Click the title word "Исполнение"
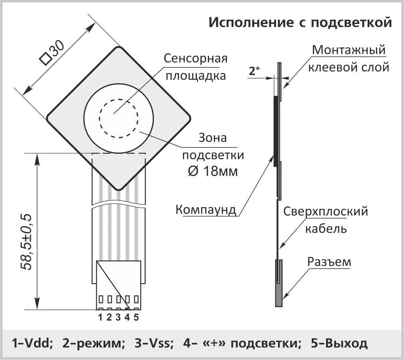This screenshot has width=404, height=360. tap(251, 22)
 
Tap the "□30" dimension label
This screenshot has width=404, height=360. tap(52, 53)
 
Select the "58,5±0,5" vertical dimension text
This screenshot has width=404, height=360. tap(26, 241)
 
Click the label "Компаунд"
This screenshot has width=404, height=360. tap(206, 210)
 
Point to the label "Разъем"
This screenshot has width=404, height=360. tap(329, 262)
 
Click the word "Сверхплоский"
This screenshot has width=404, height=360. tap(325, 212)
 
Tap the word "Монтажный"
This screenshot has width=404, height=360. tap(348, 50)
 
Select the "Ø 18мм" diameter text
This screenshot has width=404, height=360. tap(213, 171)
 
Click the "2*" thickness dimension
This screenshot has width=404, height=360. tap(254, 71)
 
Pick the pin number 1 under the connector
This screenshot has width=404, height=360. tap(100, 317)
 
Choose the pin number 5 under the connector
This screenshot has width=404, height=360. tap(136, 317)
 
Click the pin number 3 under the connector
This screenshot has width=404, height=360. tap(118, 317)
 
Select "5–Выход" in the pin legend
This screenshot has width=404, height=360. tap(339, 343)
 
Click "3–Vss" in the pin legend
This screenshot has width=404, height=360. tap(154, 343)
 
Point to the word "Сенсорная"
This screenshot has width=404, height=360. tap(195, 58)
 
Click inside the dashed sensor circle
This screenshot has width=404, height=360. tap(119, 119)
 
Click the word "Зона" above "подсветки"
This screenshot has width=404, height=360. tap(213, 138)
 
